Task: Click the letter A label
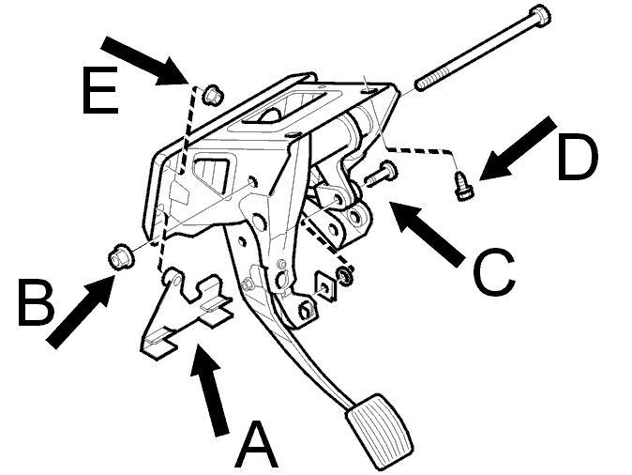pos(256,444)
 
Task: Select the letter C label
pos(494,271)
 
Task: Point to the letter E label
pos(100,90)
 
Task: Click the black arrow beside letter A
pos(208,390)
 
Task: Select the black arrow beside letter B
pos(81,309)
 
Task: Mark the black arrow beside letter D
pos(519,149)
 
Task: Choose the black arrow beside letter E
pos(145,60)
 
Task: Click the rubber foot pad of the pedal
pos(379,431)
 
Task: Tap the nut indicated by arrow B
pos(121,257)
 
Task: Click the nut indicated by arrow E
pos(213,95)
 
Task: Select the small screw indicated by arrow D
pos(463,186)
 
